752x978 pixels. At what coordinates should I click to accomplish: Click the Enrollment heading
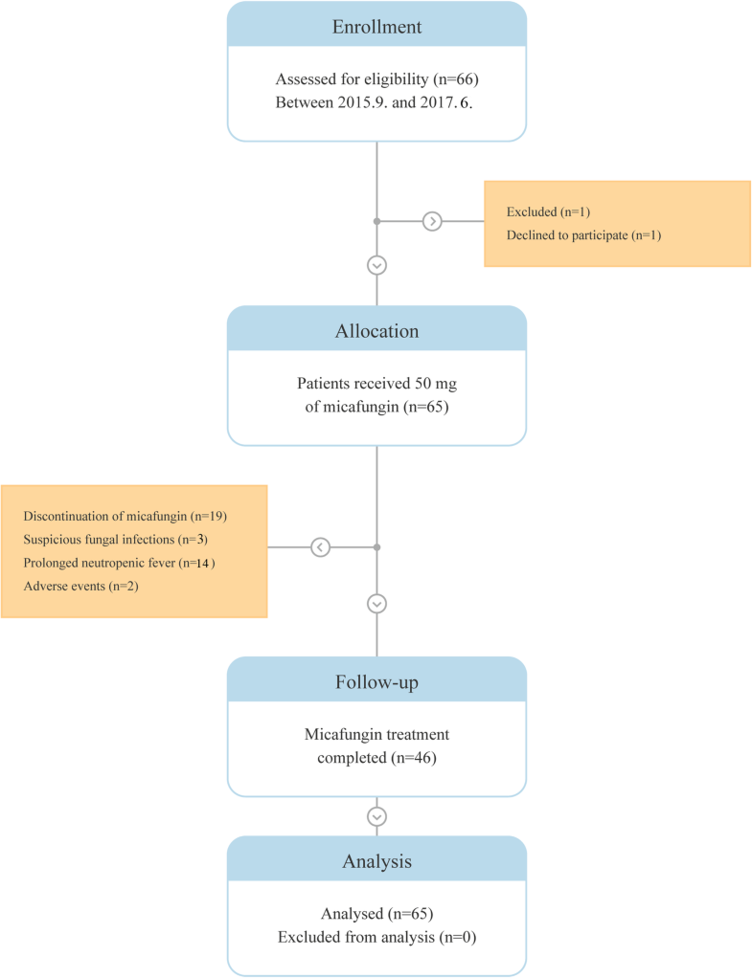[x=376, y=27]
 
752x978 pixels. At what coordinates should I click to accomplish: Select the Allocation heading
[x=376, y=331]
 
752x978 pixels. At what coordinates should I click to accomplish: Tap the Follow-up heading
[x=376, y=682]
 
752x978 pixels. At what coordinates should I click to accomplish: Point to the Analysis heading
[x=376, y=861]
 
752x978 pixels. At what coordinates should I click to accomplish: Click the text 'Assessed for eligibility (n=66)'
[x=376, y=79]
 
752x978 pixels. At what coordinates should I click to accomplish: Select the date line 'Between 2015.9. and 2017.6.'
[x=376, y=101]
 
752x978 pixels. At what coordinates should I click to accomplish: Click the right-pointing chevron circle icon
[x=433, y=221]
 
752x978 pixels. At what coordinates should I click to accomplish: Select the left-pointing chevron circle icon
[x=321, y=547]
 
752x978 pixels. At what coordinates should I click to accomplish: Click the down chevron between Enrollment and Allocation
[x=376, y=264]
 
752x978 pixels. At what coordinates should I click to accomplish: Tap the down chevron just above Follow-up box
[x=376, y=604]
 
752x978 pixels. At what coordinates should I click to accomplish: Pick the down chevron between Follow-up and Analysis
[x=376, y=816]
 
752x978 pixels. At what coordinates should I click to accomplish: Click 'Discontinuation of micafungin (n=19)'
[x=125, y=516]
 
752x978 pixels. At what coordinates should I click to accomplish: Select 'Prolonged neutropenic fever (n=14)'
[x=119, y=563]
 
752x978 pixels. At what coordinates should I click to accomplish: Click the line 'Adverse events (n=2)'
[x=80, y=586]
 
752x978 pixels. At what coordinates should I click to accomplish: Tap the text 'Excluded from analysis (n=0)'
[x=376, y=937]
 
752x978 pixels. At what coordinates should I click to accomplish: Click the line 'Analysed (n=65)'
[x=376, y=914]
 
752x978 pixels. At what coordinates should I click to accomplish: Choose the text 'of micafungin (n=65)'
[x=376, y=406]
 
